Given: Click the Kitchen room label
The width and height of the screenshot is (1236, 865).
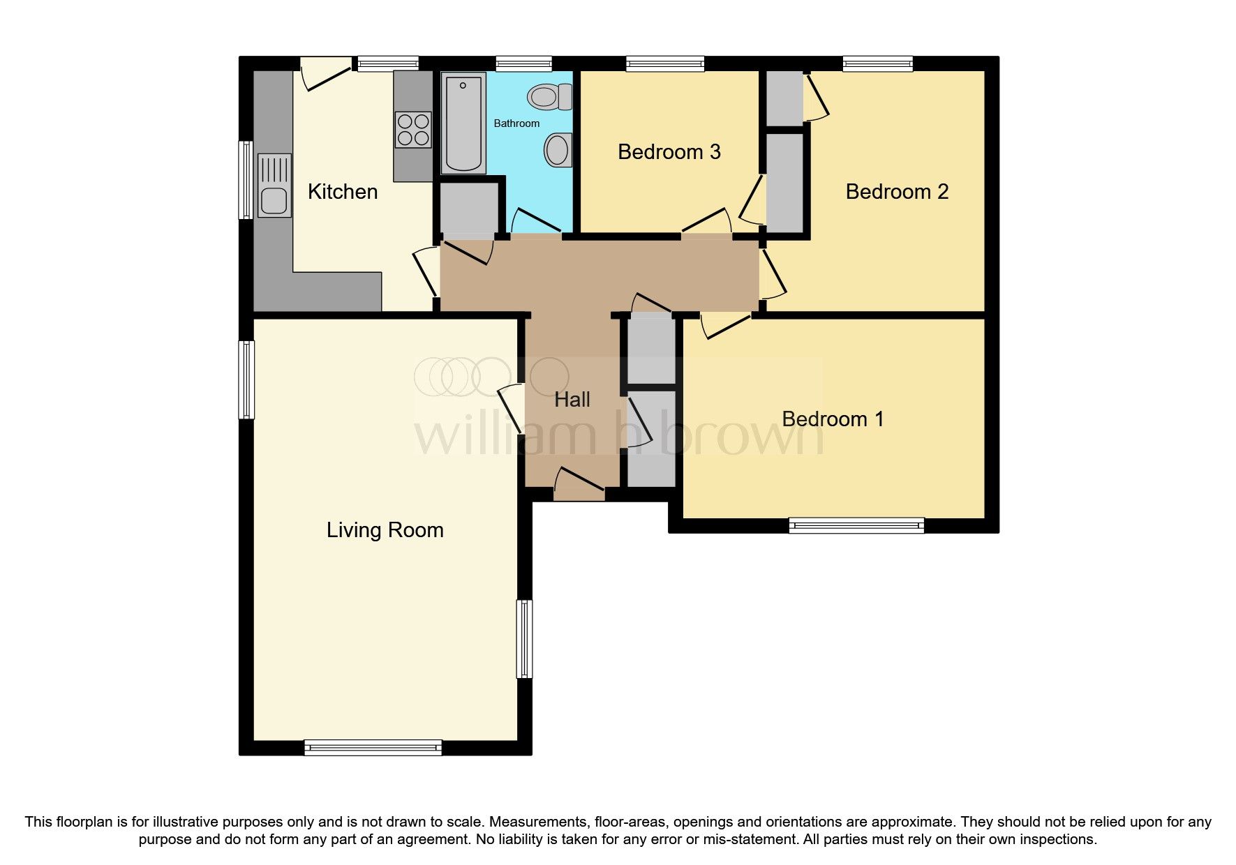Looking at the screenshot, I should [342, 192].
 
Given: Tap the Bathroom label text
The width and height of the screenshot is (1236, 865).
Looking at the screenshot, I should [516, 123].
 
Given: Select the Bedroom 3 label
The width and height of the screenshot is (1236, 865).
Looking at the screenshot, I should [669, 152].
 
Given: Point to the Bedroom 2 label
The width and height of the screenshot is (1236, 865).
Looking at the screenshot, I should [897, 192].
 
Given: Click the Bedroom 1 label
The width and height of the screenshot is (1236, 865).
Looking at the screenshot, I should [833, 419].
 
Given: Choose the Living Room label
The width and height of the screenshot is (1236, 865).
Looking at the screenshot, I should [385, 530].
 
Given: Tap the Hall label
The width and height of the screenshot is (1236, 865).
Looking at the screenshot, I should [572, 400].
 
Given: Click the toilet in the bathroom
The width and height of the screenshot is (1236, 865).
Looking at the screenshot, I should [550, 96].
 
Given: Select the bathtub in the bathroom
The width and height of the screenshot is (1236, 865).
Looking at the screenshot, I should [463, 123].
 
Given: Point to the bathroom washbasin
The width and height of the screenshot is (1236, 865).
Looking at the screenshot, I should [558, 149].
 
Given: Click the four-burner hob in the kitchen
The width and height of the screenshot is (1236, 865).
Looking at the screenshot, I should [413, 130].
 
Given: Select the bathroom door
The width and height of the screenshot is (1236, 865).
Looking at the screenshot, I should [537, 221].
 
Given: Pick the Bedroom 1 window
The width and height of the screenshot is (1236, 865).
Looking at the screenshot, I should [856, 525].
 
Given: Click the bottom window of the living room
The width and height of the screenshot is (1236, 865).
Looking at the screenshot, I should [373, 748].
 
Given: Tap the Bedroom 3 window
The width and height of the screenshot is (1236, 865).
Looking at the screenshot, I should [665, 64].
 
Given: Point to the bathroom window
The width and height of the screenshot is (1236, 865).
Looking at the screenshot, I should [523, 64].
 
